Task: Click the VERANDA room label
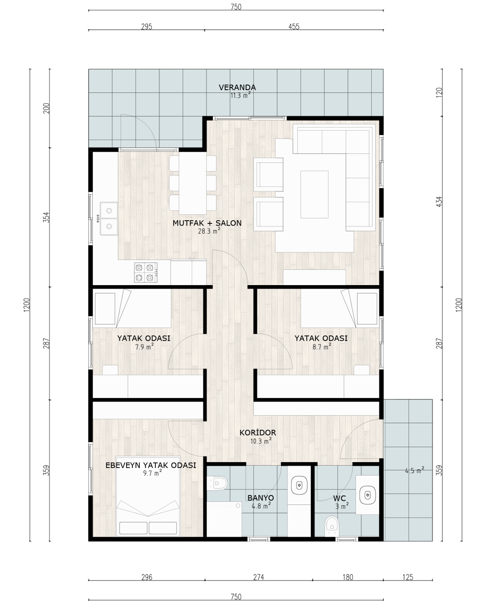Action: (237, 87)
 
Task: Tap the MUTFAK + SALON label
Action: (207, 223)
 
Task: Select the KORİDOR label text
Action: (257, 432)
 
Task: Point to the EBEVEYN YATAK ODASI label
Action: (150, 465)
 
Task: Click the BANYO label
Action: (261, 498)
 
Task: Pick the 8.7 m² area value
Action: (322, 347)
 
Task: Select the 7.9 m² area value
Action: (144, 347)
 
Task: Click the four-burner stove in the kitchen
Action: (146, 272)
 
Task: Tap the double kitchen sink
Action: (109, 218)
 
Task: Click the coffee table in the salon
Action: (314, 195)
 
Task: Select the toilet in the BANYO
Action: (217, 483)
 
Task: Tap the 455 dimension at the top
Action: (294, 27)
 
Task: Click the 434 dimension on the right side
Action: (439, 201)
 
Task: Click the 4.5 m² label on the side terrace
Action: (414, 471)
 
